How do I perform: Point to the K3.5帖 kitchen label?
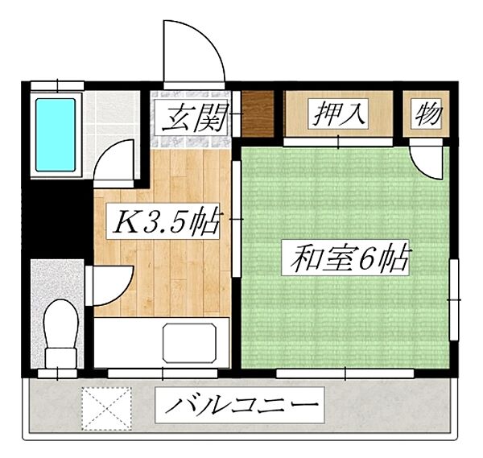pyautogui.click(x=164, y=222)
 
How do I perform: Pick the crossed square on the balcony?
pyautogui.click(x=106, y=408)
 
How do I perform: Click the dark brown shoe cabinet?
pyautogui.click(x=258, y=114)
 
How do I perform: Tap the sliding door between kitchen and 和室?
pyautogui.click(x=235, y=217)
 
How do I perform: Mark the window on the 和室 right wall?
pyautogui.click(x=454, y=298)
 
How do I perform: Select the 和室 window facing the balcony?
pyautogui.click(x=345, y=373)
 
